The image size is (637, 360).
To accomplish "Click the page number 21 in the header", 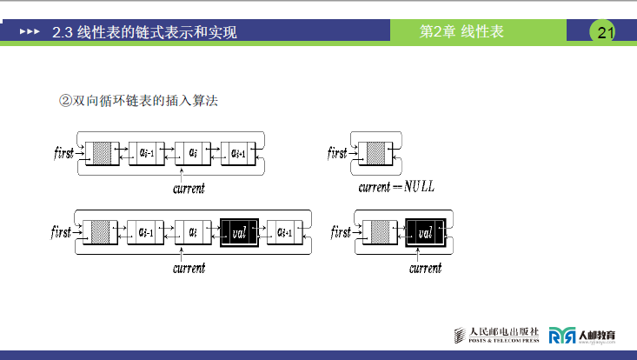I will click(x=605, y=33).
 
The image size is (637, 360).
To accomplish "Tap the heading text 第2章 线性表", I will click(x=461, y=32).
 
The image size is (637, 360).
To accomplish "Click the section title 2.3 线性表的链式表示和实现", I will click(x=144, y=33).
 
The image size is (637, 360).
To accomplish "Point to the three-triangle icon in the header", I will click(x=30, y=33).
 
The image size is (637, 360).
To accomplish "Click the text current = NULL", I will click(x=396, y=187).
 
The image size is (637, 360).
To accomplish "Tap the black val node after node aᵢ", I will click(x=239, y=232).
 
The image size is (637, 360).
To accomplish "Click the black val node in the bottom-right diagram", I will click(x=426, y=232).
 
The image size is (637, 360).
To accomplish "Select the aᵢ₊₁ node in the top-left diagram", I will click(x=239, y=153).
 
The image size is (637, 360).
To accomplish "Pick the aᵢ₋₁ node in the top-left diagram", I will click(x=146, y=153).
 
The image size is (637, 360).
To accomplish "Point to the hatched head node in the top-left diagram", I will click(x=103, y=153).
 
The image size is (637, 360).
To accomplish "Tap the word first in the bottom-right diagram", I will click(x=341, y=233).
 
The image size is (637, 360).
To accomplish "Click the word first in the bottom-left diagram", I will click(x=62, y=232).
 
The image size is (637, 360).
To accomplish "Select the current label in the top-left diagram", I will click(x=189, y=188).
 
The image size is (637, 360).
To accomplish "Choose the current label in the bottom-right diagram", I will click(x=426, y=268).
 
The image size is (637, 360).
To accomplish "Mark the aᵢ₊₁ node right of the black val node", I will click(x=286, y=232).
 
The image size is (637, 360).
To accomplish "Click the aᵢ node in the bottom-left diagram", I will click(x=192, y=232).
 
